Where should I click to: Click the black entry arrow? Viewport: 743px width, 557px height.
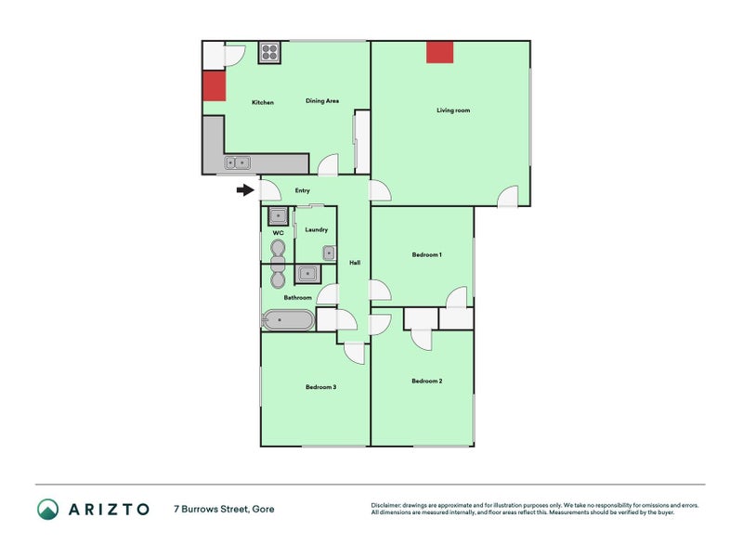245,190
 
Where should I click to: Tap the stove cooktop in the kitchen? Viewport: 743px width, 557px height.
269,53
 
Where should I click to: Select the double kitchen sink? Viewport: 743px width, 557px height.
237,163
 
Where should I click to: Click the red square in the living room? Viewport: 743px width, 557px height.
439,52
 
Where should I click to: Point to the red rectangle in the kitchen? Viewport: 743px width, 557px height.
215,85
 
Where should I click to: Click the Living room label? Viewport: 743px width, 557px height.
453,110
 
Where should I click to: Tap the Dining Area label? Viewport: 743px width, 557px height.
322,101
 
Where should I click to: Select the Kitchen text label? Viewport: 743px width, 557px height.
263,102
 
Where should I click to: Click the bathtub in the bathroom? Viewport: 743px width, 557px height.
288,320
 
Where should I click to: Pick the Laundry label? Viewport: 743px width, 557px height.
316,229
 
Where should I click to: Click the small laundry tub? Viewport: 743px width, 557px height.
329,253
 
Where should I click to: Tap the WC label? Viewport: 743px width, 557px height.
278,233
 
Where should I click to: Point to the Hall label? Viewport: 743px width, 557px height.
355,263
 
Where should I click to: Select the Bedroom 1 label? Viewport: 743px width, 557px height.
427,254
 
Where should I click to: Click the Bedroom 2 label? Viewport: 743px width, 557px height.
427,381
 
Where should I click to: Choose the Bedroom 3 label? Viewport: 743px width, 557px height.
320,387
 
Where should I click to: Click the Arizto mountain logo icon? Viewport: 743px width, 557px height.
48,509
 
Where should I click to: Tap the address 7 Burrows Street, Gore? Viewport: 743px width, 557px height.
224,509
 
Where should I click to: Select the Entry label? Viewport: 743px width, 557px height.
303,190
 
